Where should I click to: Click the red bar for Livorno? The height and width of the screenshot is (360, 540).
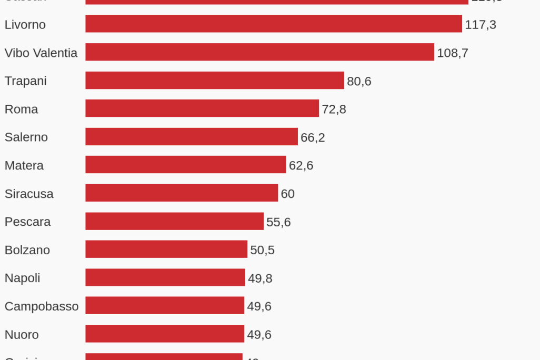(x=274, y=24)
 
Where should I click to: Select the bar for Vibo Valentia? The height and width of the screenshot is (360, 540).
(x=259, y=52)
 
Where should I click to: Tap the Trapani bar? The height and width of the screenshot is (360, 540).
(x=215, y=81)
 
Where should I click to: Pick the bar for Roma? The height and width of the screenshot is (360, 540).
(x=202, y=108)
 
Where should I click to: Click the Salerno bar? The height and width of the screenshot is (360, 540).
(x=192, y=137)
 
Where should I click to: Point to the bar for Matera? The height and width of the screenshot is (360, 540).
(x=186, y=165)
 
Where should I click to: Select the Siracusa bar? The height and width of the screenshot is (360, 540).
(x=182, y=193)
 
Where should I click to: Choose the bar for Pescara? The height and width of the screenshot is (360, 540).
(x=174, y=221)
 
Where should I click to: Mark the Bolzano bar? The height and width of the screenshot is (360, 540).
(x=166, y=249)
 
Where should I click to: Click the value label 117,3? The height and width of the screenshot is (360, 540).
(x=481, y=25)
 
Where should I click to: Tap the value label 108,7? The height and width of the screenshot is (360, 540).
(x=453, y=53)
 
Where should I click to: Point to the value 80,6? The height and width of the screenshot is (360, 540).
(x=359, y=82)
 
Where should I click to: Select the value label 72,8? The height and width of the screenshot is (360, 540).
(x=334, y=109)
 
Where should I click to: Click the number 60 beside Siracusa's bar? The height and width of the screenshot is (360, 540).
(x=287, y=194)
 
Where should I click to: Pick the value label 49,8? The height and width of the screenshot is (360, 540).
(x=260, y=278)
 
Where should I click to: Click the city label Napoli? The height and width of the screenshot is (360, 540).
(x=22, y=278)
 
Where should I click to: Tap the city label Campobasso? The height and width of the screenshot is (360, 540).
(x=42, y=306)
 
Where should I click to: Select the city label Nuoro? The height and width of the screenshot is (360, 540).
(x=22, y=335)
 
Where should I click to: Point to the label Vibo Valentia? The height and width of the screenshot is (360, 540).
(x=41, y=53)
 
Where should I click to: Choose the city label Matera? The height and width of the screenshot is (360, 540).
(x=24, y=166)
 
